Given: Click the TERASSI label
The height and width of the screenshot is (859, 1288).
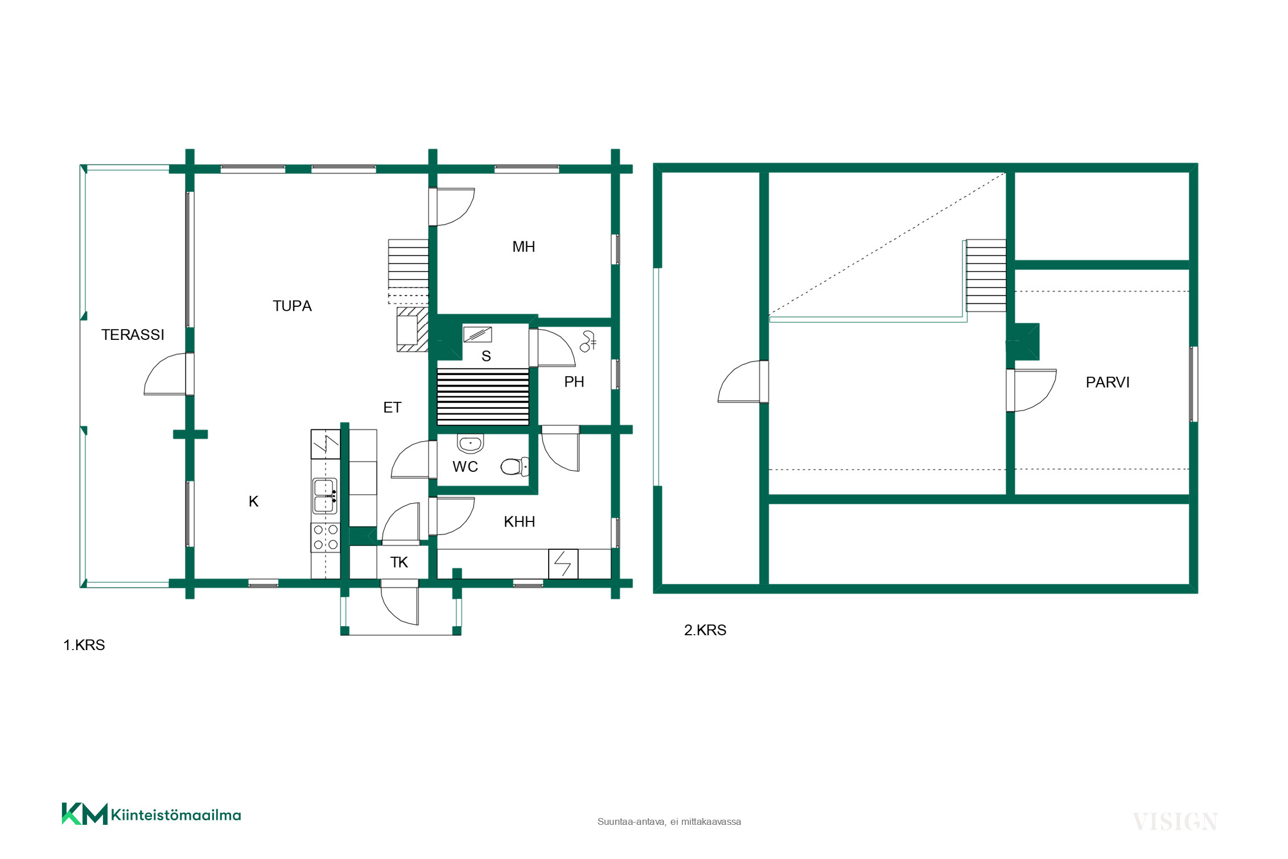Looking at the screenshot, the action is pos(133,335).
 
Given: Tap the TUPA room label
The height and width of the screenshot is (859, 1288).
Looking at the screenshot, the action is pos(292,306).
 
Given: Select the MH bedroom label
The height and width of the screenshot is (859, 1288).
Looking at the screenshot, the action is pos(524,246).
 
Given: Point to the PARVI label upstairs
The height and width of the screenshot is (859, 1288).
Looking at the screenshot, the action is pos(1108,383).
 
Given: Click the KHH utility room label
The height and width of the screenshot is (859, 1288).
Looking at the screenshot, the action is pos(519,521).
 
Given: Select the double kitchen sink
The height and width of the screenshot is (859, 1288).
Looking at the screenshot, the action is pos(325,496).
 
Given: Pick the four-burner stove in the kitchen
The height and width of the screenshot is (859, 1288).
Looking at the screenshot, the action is pos(326,537).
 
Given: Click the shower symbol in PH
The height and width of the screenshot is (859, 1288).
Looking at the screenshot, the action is pos(588,341).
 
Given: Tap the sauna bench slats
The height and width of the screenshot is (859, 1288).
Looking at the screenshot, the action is pos(483,397).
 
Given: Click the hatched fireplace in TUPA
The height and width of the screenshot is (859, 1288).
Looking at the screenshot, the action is pos(413,330).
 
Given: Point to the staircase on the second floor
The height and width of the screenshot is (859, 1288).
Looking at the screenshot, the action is pos(986,276).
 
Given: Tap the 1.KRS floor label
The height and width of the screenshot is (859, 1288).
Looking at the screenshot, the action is pos(84,645).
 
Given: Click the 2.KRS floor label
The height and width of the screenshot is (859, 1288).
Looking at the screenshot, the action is pos(705,630).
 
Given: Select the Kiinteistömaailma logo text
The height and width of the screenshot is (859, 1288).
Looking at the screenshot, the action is pos(176,815).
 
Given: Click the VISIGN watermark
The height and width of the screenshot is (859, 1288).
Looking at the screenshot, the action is pos(1175,822).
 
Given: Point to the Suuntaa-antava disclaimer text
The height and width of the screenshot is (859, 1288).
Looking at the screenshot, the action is pos(669,822).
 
